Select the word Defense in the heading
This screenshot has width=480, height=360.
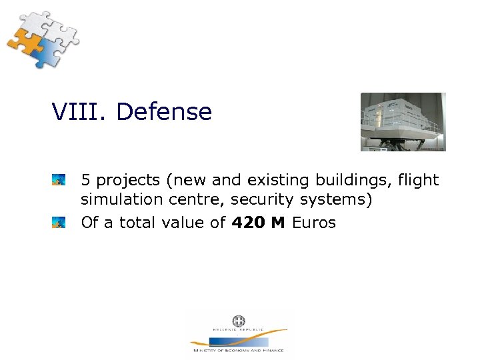pos(163,112)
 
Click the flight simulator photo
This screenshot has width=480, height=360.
pos(403,121)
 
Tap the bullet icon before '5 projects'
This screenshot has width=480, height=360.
pos(59,180)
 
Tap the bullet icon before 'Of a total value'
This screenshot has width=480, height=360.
pos(59,222)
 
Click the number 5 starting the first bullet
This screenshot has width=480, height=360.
pos(86,180)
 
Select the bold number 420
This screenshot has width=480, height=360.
pos(247,223)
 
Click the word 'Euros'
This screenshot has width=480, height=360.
pos(314,223)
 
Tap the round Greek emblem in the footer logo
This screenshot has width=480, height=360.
pos(238,321)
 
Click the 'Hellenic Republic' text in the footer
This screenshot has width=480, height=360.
pos(238,330)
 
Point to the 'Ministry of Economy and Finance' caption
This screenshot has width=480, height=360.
pos(238,350)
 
